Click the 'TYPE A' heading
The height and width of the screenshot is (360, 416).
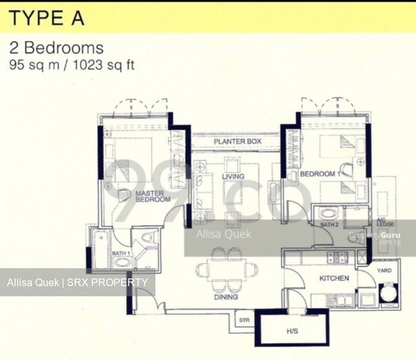point(46,18)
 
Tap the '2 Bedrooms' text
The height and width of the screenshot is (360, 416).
point(56,48)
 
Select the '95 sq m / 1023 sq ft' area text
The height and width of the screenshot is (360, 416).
point(71,64)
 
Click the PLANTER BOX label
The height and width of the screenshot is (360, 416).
point(237,141)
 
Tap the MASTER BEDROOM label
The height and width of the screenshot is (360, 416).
point(152,196)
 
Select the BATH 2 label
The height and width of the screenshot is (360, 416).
point(329,225)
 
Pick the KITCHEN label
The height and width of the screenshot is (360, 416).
point(334,278)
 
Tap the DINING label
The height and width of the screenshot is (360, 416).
point(226,297)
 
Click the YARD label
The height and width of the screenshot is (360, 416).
point(384,270)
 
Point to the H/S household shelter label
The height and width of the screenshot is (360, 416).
point(292,331)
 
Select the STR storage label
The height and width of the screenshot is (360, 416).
point(243,320)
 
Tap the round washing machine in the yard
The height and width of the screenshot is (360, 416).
point(387,292)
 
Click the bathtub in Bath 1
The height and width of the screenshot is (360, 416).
point(101,249)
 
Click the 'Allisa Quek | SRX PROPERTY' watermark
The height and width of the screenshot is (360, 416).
point(77,282)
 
